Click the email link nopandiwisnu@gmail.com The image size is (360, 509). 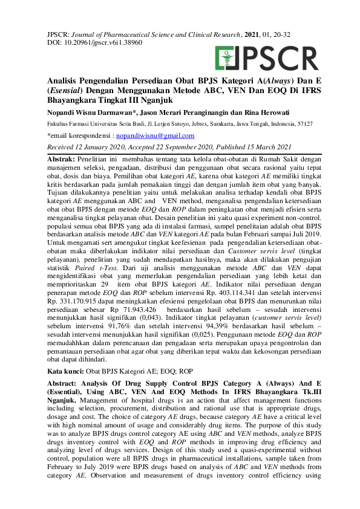point(155,136)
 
